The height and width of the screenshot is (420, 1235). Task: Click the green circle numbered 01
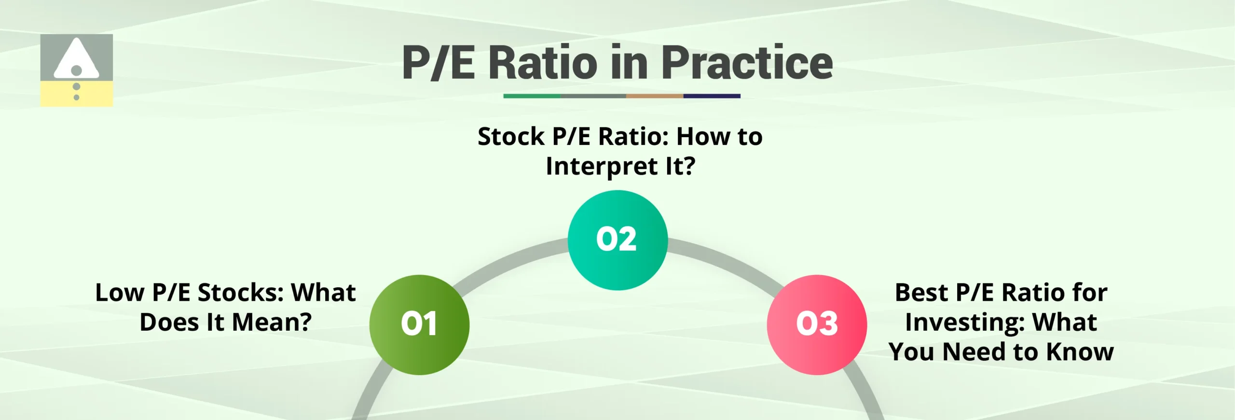click(x=419, y=324)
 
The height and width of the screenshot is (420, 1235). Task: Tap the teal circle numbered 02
click(x=617, y=240)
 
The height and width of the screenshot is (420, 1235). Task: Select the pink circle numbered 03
click(x=817, y=324)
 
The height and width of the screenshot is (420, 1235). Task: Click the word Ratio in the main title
click(x=543, y=63)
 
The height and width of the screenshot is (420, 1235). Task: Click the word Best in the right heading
click(x=921, y=293)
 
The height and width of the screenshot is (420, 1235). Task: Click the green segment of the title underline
click(x=532, y=96)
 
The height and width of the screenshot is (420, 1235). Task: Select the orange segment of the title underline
click(x=654, y=96)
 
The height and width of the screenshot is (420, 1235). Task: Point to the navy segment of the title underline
click(x=712, y=96)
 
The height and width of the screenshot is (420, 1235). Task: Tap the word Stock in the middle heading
click(x=510, y=137)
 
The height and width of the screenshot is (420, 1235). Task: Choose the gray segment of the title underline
click(x=593, y=96)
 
